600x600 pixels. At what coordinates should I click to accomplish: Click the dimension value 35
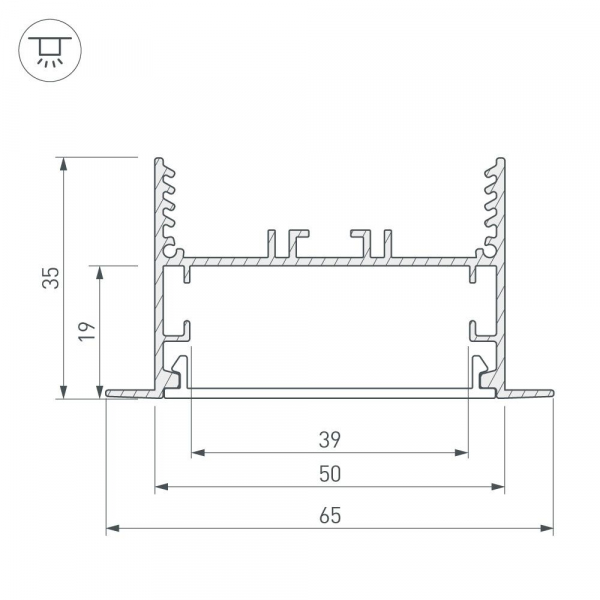51,278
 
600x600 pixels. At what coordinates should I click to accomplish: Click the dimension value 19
86,331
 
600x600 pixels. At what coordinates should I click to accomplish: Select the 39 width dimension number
330,440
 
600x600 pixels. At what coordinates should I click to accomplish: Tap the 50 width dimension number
330,474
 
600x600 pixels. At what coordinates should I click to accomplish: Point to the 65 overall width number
330,515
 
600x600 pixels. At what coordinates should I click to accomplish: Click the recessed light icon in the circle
50,50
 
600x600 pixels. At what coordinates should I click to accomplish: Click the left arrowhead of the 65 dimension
112,528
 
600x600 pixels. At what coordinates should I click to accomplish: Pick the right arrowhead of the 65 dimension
547,528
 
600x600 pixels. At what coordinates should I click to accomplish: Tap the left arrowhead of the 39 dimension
198,453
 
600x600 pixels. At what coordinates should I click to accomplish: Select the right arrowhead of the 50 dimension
498,487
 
